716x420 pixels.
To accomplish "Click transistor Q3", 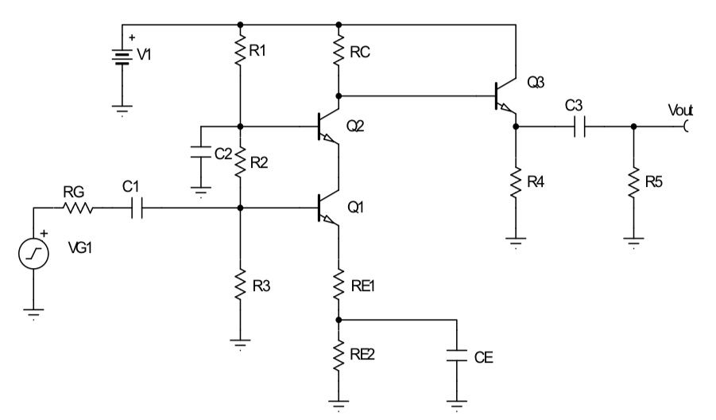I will pos(505,96).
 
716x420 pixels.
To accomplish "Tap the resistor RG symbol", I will pos(77,209).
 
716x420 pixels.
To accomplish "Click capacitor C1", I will pos(137,209).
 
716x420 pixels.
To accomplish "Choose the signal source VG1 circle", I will pos(34,255).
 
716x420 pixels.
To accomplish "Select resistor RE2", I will pos(339,354).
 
